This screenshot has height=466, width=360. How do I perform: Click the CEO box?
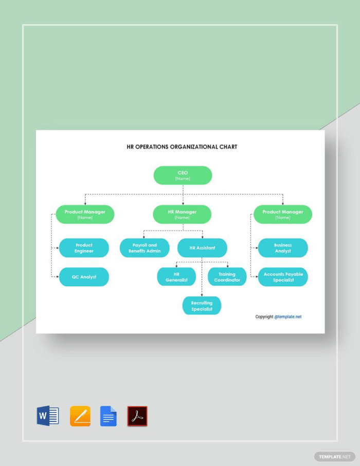click(x=183, y=175)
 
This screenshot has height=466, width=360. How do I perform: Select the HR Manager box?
click(x=182, y=214)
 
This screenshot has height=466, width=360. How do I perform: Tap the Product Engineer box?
click(x=84, y=248)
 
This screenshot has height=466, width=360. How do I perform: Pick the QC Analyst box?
click(x=84, y=277)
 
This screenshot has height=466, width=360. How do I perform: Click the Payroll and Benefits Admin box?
click(x=145, y=248)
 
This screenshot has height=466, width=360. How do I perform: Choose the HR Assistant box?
click(x=202, y=248)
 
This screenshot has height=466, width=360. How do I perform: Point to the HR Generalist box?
click(x=176, y=277)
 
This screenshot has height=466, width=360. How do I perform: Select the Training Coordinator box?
click(x=227, y=277)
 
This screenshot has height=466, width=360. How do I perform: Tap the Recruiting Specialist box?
click(x=202, y=306)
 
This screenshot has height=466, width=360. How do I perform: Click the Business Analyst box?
click(x=283, y=248)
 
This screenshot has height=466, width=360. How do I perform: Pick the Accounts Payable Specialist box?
click(x=283, y=277)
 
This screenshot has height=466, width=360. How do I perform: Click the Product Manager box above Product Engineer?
click(x=85, y=214)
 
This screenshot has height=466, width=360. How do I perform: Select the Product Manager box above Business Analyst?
click(x=282, y=214)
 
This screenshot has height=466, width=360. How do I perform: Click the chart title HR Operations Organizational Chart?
click(x=182, y=147)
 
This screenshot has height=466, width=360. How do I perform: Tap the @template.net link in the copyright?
click(x=288, y=317)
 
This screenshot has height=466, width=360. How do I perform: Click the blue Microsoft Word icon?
click(x=48, y=416)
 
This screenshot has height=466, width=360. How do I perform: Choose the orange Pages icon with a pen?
click(x=80, y=416)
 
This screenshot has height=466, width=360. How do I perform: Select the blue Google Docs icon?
click(x=109, y=416)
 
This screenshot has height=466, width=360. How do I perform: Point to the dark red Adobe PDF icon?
click(x=137, y=416)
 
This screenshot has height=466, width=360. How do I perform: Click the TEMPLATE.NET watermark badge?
click(x=334, y=456)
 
